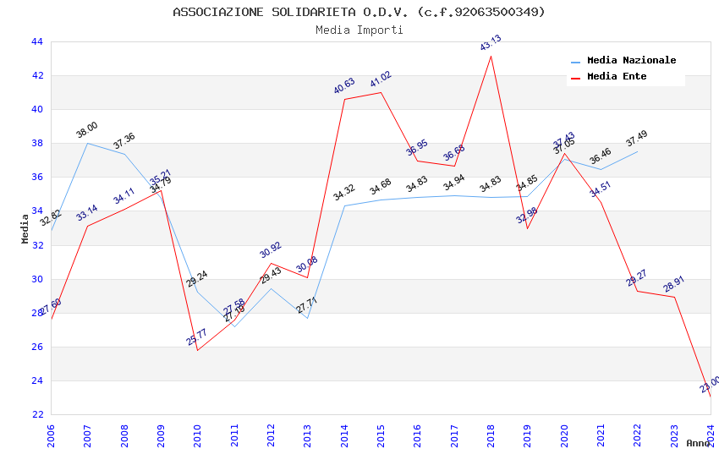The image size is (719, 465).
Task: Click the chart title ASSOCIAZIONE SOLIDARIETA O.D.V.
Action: coord(359,12)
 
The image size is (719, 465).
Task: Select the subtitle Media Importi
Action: coord(359,30)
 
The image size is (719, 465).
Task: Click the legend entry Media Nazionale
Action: coord(631,61)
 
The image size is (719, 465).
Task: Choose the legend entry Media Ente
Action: coord(617,77)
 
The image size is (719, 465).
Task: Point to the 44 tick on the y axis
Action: coord(36,41)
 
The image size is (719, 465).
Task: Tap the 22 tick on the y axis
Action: coord(36,414)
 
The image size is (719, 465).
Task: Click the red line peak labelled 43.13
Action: coord(491,56)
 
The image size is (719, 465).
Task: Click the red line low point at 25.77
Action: coord(197,350)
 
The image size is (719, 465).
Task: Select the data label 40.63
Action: coord(344,86)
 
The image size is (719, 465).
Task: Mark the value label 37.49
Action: coord(637,139)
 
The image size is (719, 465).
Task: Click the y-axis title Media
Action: coord(25,228)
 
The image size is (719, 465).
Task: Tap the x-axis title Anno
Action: coord(698,443)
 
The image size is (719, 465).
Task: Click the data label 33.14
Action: coord(87,213)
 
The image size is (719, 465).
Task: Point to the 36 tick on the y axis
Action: coord(36,177)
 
